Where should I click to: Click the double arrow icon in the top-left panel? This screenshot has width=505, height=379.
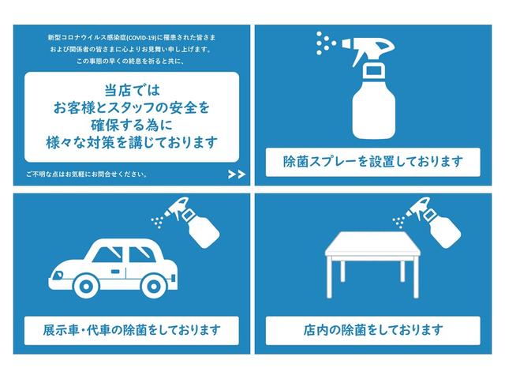(x=235, y=174)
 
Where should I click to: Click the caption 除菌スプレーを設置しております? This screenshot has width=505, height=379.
(x=372, y=163)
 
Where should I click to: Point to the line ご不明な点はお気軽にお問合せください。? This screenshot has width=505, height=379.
(x=87, y=174)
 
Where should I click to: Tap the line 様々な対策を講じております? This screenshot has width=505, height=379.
(x=131, y=143)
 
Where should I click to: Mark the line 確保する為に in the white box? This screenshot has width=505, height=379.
(x=131, y=124)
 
